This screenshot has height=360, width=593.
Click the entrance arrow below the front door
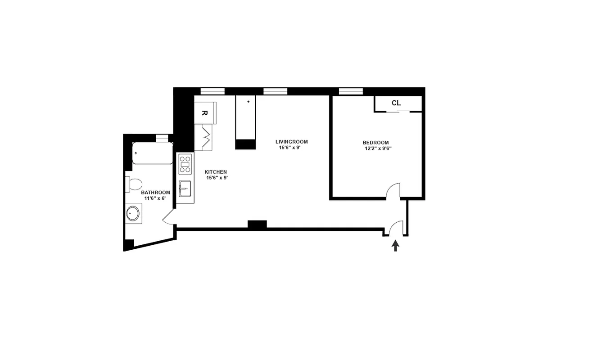pos(395,246)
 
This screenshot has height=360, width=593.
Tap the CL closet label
pos(396,103)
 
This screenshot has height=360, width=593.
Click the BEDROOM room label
pos(376,143)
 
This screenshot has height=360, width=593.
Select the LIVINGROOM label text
pos(291,142)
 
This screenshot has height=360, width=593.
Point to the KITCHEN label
pos(216,172)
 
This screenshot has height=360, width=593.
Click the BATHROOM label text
pos(155,193)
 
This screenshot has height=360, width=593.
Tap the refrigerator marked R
pos(205,113)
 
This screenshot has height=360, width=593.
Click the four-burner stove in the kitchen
pos(185,164)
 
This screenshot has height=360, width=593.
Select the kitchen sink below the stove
pos(185,189)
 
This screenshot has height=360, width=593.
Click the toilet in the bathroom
pos(134,184)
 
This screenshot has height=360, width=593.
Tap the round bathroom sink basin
pos(133,214)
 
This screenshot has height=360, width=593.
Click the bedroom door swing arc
pos(393,190)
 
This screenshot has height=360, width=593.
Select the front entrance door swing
pos(396,228)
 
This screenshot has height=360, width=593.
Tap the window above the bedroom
pos(351,91)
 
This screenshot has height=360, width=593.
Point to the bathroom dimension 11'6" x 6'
pos(155,198)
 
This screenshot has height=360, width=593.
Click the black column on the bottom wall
pos(257,224)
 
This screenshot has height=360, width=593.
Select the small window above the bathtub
pos(162,138)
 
